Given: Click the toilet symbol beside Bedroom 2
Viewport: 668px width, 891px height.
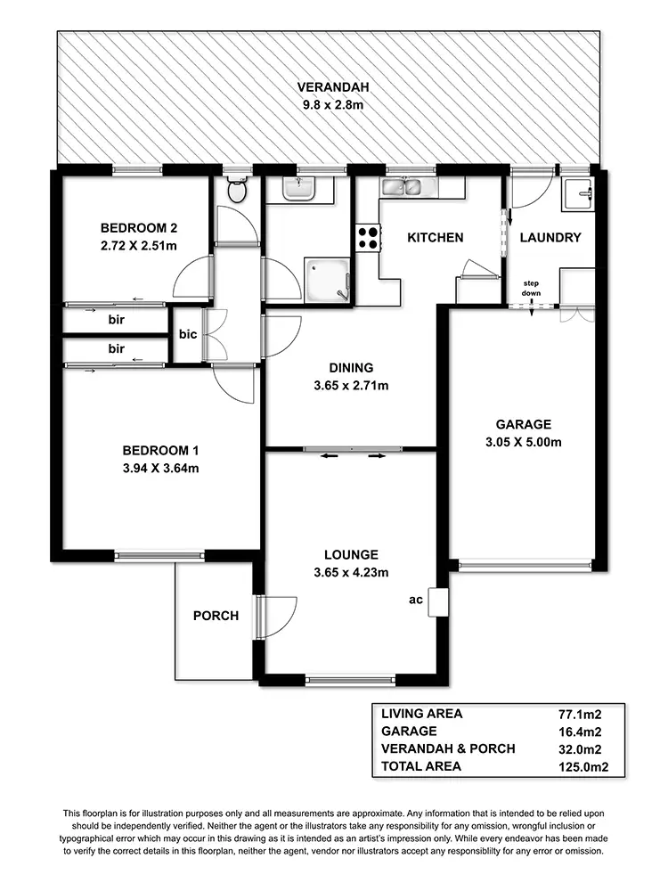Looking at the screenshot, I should click(x=236, y=190).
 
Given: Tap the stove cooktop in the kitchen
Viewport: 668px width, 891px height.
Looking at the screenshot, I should click(x=368, y=236).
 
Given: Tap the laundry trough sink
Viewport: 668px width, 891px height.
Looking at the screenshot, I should click(x=577, y=193).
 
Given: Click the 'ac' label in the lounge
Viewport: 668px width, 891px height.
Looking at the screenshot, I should click(x=415, y=600).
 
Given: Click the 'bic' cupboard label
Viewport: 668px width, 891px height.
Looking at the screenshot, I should click(x=188, y=335).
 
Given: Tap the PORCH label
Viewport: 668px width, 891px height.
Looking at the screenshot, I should click(x=216, y=616).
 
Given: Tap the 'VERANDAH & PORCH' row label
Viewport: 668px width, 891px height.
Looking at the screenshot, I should click(x=447, y=748).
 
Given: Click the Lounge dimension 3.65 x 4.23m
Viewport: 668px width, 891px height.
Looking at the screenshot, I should click(x=352, y=572).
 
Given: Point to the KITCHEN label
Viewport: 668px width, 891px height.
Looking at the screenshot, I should click(x=435, y=238).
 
